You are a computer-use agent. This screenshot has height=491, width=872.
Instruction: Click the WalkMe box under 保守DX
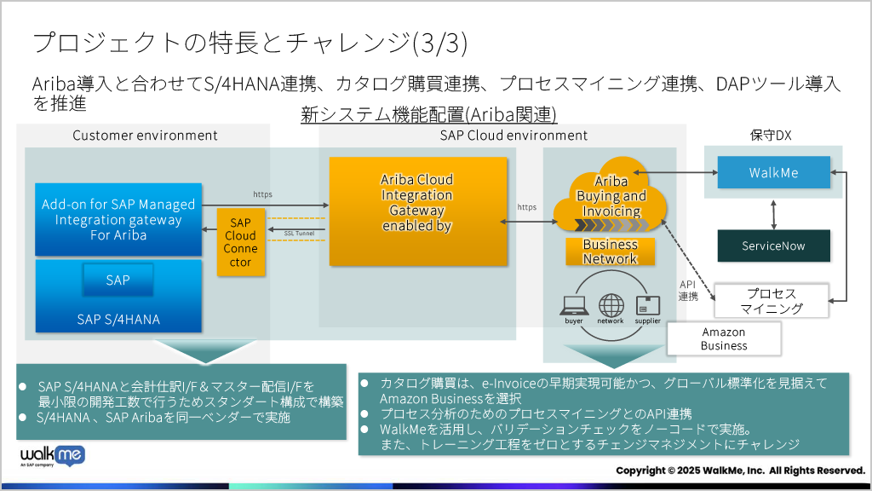pos(773,172)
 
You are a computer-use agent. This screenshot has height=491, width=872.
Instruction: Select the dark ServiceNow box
pos(773,245)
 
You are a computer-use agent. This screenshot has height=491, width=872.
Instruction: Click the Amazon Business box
pos(724,338)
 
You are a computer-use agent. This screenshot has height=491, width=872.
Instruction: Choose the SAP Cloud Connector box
pos(240,241)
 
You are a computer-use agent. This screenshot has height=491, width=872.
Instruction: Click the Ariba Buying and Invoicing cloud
pos(611,197)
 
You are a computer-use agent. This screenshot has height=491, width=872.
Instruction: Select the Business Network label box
pos(610,251)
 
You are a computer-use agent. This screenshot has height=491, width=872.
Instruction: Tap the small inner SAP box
pos(118,280)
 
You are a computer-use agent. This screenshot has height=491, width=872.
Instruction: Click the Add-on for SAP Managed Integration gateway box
pos(118,219)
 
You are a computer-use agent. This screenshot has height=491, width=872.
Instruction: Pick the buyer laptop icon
pos(573,306)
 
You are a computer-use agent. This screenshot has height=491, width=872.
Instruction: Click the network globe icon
pos(611,305)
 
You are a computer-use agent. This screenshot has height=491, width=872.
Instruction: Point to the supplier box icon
pos(647,305)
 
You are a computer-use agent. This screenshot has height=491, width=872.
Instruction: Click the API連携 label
pos(687,291)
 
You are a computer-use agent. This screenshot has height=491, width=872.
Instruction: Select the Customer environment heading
pos(145,136)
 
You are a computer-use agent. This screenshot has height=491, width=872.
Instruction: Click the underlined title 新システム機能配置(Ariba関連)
pos(428,115)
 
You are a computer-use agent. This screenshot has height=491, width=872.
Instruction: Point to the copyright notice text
pos(740,471)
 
